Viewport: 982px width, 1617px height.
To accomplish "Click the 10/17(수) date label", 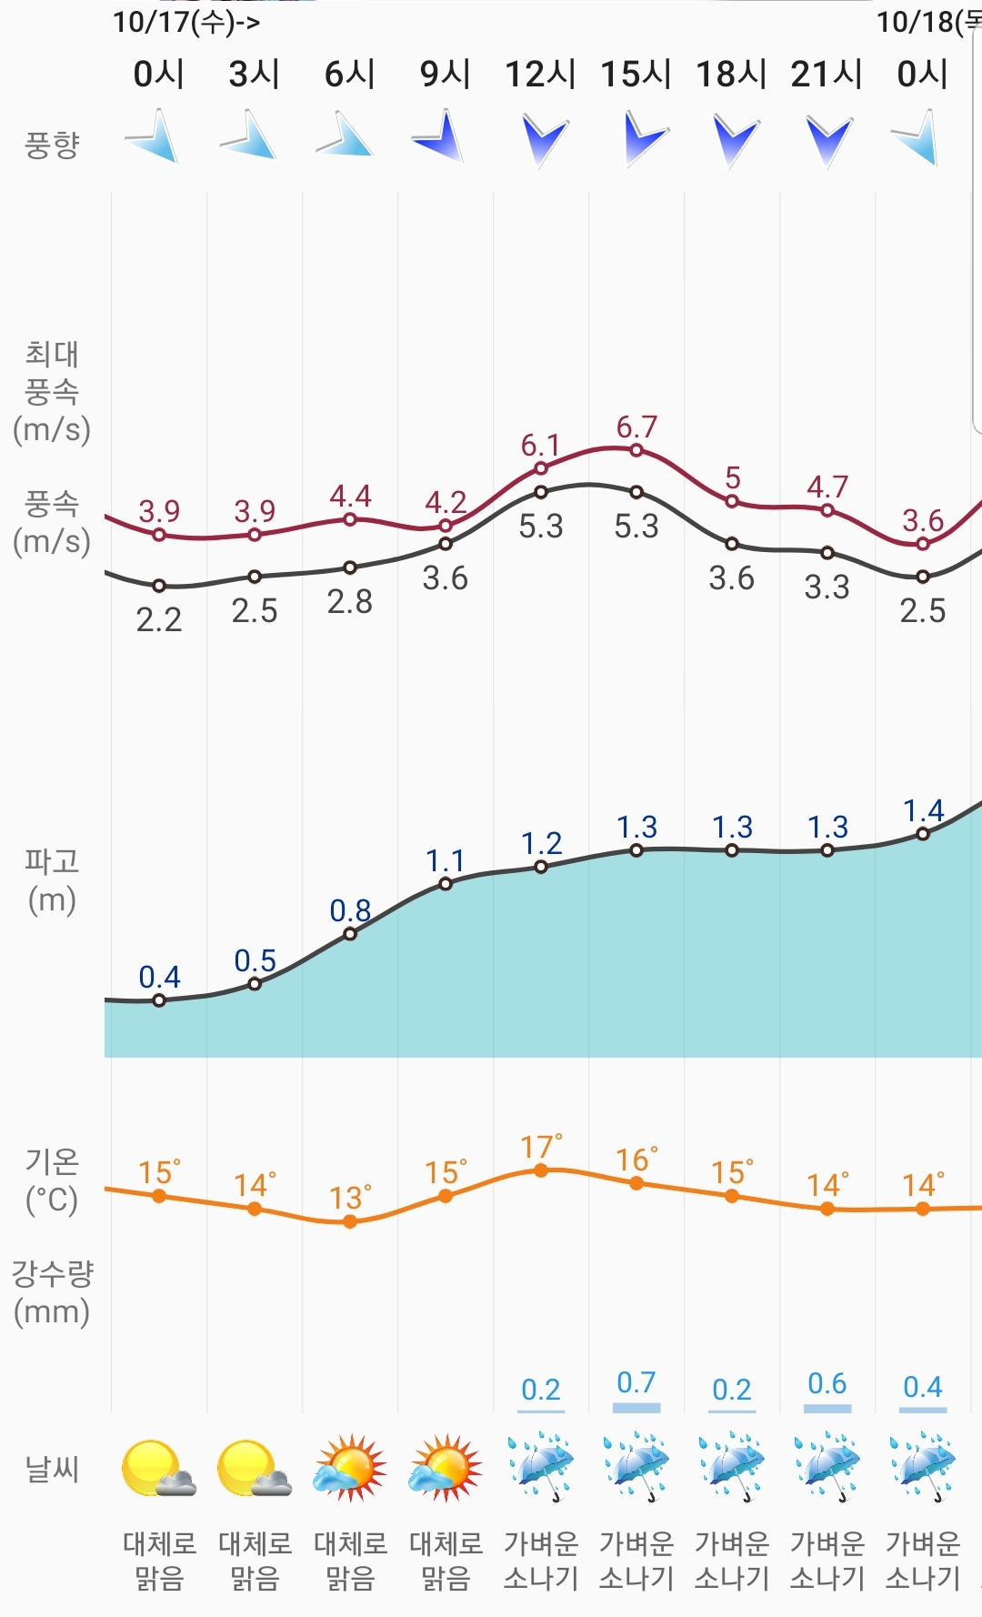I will [185, 22].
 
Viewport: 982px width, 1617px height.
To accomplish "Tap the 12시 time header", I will [540, 75].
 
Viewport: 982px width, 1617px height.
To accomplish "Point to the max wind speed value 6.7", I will [636, 427].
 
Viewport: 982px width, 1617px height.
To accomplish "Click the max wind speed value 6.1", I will [540, 446].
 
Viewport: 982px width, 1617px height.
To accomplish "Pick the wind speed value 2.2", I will [159, 620].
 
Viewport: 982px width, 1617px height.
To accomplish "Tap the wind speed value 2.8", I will [350, 602].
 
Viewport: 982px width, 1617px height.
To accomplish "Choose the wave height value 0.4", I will [159, 978].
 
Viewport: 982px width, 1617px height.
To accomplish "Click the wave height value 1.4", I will [923, 810].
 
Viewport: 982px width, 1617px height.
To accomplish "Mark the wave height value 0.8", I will [350, 910].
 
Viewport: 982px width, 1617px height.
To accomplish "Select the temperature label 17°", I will [540, 1148].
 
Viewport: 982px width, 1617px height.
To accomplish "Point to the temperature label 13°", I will [350, 1199].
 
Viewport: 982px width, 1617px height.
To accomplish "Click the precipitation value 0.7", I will [636, 1383].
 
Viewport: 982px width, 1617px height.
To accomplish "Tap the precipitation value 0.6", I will [827, 1384].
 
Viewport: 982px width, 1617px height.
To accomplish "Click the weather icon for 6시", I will [350, 1467].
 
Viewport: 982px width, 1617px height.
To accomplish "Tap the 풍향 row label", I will [52, 145].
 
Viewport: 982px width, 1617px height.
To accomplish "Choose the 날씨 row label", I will [52, 1469].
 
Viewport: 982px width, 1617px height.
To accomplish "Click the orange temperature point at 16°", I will [636, 1183].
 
